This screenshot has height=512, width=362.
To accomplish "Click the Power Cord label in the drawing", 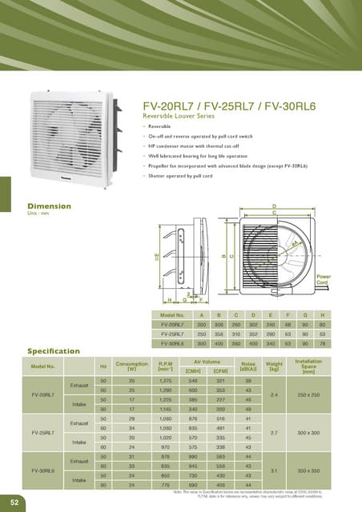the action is click(x=346, y=280).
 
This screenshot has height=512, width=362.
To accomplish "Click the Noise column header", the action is click(x=259, y=366).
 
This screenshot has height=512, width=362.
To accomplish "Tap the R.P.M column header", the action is click(x=166, y=366).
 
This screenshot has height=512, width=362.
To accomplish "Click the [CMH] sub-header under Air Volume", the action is click(x=193, y=371).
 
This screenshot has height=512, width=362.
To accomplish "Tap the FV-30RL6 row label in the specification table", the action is click(x=42, y=470).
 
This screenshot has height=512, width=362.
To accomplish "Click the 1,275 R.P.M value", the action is click(x=166, y=381).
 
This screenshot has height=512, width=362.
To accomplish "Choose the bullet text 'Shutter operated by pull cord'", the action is click(x=193, y=175).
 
